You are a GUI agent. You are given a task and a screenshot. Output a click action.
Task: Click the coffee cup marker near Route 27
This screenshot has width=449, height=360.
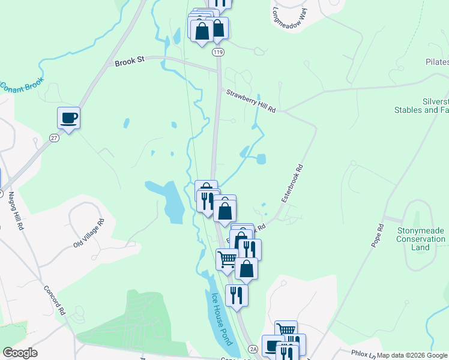(x=69, y=118)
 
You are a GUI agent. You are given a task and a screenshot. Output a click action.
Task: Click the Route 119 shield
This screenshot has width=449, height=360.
(x=218, y=53)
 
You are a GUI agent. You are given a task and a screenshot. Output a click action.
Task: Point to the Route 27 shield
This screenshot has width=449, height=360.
(x=53, y=138)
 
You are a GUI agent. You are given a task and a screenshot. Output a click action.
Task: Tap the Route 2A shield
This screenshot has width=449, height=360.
(x=253, y=349)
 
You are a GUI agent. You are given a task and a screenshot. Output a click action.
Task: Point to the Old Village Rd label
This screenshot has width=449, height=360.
(x=89, y=233)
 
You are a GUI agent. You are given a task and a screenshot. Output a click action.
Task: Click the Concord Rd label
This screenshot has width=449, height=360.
(x=55, y=300)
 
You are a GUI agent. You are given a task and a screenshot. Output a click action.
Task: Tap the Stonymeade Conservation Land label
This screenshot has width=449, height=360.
(x=421, y=239)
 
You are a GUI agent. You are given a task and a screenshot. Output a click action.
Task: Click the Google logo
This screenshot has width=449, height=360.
(x=20, y=353)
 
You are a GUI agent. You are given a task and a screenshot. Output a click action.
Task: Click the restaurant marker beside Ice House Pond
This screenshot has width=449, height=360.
(x=237, y=295)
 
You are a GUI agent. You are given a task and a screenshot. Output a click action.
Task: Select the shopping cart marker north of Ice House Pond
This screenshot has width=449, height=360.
(x=227, y=259)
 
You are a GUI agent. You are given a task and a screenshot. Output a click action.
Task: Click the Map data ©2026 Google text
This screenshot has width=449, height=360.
(x=412, y=355)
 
